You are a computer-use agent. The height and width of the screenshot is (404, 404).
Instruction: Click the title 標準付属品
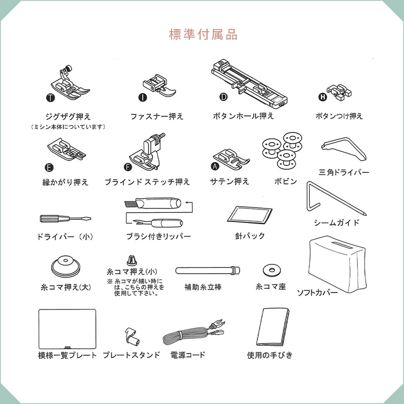click(203, 34)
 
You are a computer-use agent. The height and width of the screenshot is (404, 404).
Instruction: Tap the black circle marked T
click(51, 98)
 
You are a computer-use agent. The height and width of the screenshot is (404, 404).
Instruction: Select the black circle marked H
click(323, 97)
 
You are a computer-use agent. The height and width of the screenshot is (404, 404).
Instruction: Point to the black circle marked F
click(128, 167)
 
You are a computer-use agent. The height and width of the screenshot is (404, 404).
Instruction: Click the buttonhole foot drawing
click(249, 82)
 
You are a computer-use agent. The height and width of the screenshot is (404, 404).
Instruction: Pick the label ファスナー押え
click(157, 117)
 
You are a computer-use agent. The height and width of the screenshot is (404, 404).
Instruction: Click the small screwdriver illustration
click(65, 219)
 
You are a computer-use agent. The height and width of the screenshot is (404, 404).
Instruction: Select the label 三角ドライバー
click(344, 172)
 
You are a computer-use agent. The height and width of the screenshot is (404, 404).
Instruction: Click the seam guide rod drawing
click(335, 198)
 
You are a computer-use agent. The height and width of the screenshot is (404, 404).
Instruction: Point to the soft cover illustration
click(337, 264)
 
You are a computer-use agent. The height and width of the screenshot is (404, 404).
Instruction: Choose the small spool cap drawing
click(131, 261)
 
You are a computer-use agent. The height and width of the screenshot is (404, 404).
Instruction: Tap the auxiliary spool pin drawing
click(208, 270)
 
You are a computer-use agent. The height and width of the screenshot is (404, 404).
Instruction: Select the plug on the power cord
click(218, 324)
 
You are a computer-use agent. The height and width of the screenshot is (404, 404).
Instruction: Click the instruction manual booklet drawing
click(273, 327)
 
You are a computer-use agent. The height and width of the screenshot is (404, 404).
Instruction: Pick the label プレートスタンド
click(131, 355)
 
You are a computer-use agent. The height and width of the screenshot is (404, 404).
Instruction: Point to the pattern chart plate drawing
click(67, 329)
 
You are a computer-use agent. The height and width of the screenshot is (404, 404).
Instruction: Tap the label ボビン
click(285, 182)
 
